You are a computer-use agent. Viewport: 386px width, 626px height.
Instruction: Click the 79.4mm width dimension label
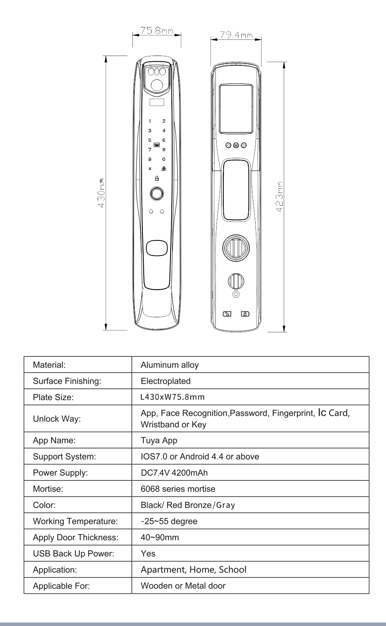[236, 35]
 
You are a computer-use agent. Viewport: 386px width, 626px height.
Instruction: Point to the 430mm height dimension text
[102, 193]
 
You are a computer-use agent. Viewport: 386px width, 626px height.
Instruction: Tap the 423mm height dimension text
[281, 196]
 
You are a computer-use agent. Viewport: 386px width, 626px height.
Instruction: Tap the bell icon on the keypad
[164, 169]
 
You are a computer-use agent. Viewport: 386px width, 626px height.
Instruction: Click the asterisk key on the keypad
[150, 169]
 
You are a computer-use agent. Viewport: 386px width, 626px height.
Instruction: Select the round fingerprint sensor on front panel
[156, 193]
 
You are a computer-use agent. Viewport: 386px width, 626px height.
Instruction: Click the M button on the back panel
[236, 145]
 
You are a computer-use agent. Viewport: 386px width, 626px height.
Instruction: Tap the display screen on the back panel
[236, 108]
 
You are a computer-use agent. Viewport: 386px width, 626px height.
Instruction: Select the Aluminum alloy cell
[169, 365]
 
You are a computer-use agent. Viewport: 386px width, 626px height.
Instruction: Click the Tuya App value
[159, 440]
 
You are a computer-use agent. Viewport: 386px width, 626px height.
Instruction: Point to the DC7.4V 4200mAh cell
[174, 473]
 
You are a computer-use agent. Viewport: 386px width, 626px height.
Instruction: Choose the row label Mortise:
[48, 489]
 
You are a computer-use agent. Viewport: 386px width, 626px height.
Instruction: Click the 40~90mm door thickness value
[160, 538]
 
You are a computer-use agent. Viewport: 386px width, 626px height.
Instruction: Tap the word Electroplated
[166, 381]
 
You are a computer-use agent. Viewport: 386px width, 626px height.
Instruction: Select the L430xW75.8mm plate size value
[173, 397]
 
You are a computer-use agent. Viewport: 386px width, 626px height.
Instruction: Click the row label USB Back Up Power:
[73, 554]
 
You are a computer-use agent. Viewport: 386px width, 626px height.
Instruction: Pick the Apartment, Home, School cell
[193, 570]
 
